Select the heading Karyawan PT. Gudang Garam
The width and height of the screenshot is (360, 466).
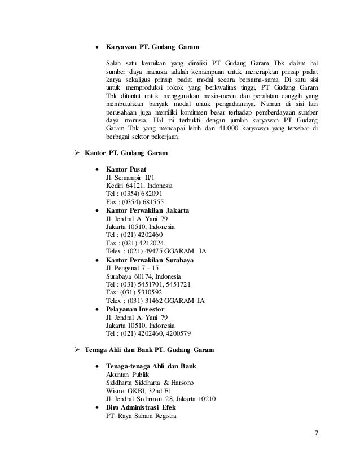151,47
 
